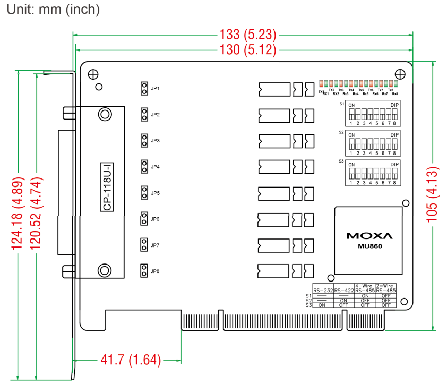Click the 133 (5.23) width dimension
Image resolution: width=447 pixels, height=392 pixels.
tap(247, 35)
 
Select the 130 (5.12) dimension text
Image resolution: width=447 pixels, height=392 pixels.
tap(247, 50)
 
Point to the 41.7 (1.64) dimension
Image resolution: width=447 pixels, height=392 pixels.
tap(130, 360)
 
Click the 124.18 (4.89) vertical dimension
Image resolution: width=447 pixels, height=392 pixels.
tap(18, 214)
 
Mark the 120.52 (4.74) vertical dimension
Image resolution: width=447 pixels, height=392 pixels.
tap(37, 214)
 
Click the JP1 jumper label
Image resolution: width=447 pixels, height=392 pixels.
tap(155, 89)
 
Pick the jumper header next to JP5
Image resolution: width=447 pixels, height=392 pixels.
tap(144, 193)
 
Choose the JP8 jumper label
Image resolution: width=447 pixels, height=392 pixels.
tap(155, 271)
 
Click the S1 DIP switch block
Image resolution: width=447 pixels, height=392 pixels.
tap(372, 113)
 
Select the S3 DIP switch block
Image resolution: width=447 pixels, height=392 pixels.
tap(372, 173)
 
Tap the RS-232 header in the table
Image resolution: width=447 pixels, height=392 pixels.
tap(324, 290)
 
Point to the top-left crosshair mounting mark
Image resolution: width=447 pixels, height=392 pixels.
tap(92, 74)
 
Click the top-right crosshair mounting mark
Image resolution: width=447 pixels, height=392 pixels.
tap(399, 74)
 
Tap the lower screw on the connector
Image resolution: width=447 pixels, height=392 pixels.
tap(105, 270)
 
